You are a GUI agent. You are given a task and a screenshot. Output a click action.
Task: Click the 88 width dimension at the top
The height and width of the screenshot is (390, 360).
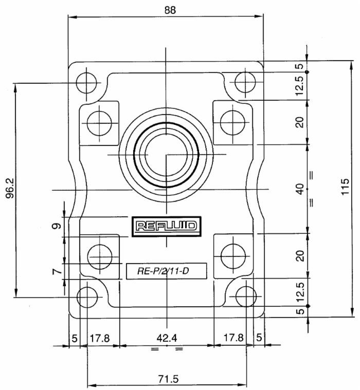(x=166, y=9)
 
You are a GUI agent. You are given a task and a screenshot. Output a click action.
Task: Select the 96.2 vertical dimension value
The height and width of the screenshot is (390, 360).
(x=9, y=190)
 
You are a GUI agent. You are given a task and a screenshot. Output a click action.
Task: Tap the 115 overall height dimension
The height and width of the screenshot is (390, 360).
(x=345, y=189)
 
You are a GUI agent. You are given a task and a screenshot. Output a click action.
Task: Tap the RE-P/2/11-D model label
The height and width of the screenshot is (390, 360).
(x=167, y=270)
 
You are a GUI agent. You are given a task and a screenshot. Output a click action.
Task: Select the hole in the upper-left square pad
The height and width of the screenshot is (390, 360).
(x=99, y=122)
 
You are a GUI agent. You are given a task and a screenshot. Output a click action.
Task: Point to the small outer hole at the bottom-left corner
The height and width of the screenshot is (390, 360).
(x=87, y=296)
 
